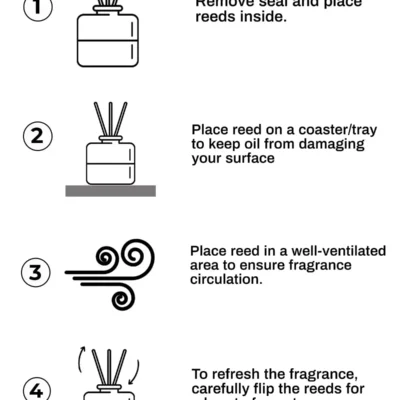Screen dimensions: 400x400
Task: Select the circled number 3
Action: [x=36, y=271]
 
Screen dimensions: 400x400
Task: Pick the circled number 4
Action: [x=36, y=388]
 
